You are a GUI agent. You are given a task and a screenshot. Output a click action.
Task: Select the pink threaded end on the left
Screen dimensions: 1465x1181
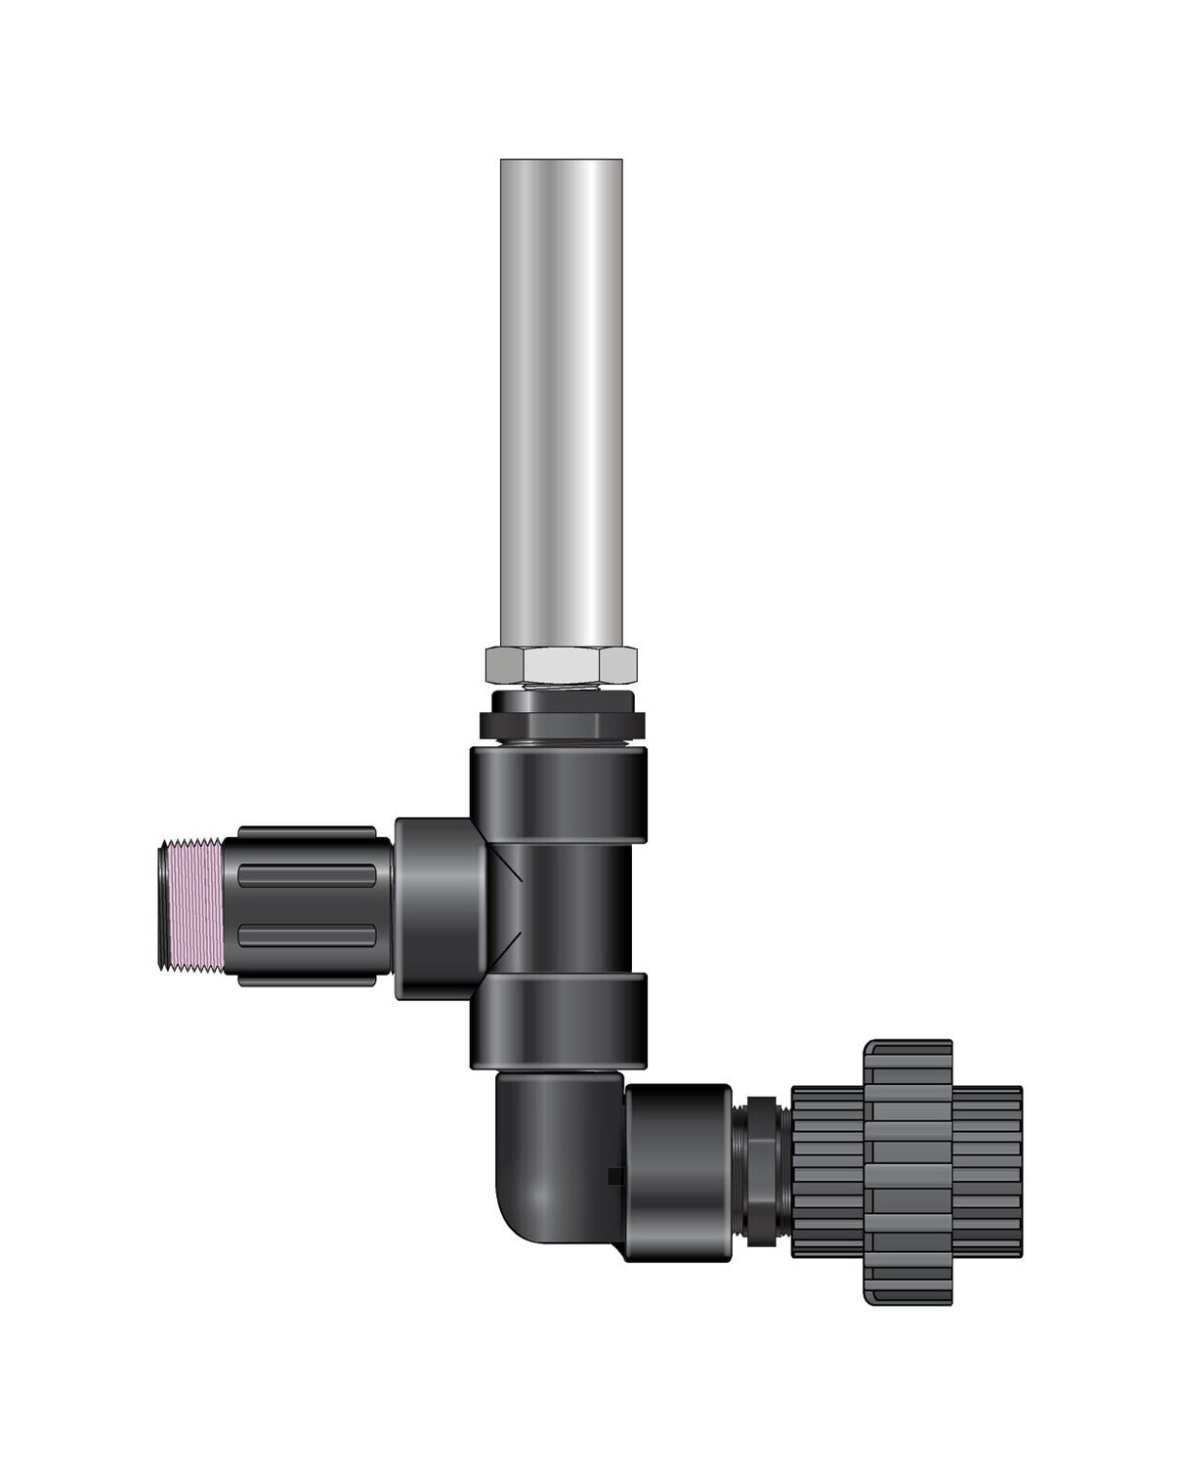click(192, 902)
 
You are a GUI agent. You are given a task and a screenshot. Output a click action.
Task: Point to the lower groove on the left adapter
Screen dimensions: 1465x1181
click(307, 938)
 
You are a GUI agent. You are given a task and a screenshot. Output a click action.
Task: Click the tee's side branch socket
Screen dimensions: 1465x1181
click(440, 908)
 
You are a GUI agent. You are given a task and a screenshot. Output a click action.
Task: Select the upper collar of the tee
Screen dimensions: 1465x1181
click(558, 794)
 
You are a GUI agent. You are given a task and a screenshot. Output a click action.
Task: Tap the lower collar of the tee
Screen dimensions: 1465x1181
click(558, 1019)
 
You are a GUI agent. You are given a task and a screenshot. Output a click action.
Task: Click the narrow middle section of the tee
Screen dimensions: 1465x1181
click(567, 907)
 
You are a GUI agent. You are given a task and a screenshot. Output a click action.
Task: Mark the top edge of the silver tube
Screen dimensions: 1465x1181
click(561, 161)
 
